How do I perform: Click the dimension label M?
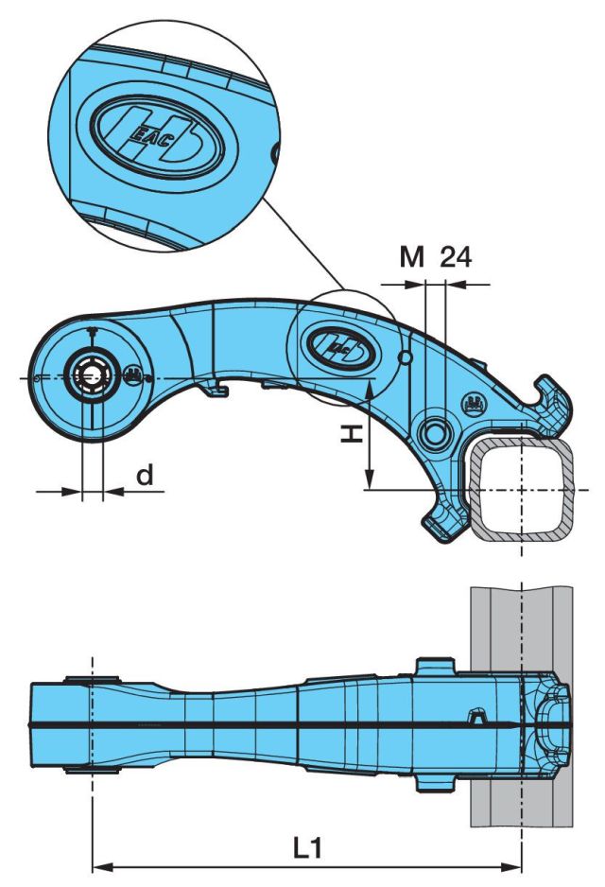(411, 257)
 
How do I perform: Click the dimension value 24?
(456, 257)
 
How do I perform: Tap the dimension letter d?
(144, 475)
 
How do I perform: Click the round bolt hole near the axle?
(436, 432)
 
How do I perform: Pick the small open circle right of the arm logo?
(406, 357)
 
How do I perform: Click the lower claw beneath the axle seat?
(444, 520)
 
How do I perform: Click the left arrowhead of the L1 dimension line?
(98, 864)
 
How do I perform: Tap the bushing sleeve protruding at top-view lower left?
(91, 767)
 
